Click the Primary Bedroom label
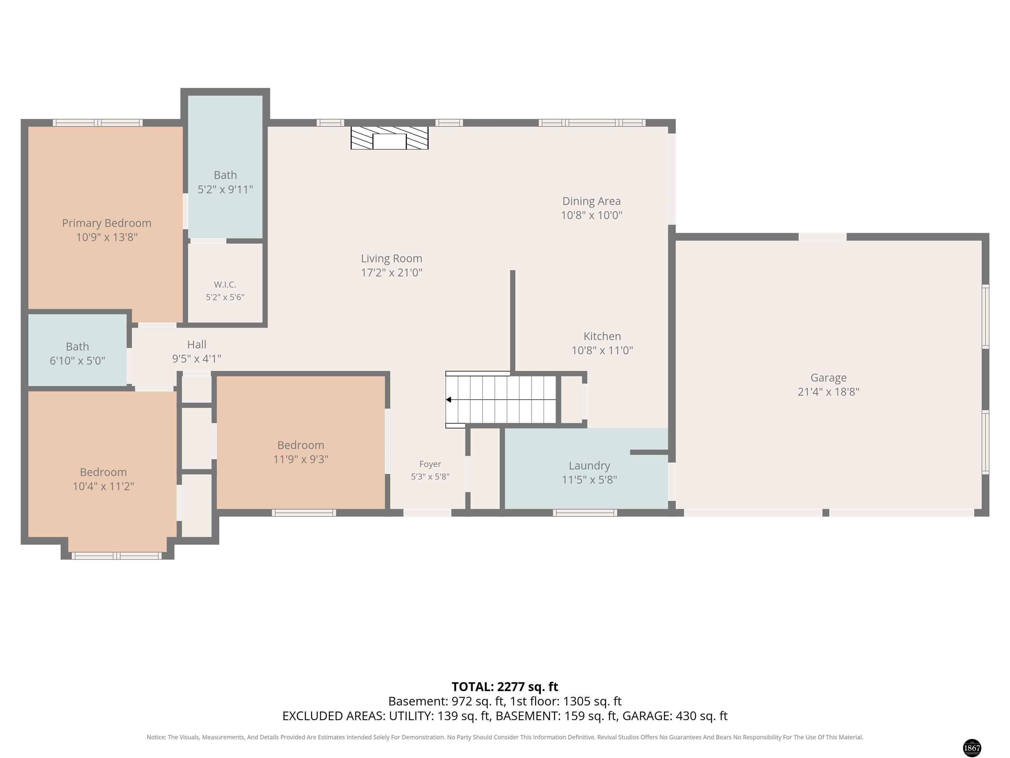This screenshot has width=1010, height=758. (x=107, y=223)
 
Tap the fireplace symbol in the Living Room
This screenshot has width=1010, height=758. (x=390, y=138)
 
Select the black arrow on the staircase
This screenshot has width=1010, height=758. (x=448, y=400)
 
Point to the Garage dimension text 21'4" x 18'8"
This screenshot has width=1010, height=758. (x=828, y=392)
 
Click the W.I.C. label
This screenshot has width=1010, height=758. (x=225, y=285)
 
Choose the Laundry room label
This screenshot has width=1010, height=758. (x=589, y=466)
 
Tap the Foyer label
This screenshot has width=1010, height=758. (x=430, y=464)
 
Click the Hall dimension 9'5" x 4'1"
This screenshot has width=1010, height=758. (x=197, y=359)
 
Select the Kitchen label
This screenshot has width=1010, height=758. (x=602, y=336)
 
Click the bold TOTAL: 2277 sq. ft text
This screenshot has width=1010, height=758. (x=505, y=687)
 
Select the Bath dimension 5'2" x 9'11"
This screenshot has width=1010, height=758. (x=225, y=189)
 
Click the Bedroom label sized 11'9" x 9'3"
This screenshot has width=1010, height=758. (x=301, y=445)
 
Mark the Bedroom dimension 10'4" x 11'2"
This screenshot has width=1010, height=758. (x=103, y=486)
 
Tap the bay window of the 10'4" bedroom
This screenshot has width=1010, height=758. (x=117, y=556)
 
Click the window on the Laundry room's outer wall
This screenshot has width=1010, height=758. (x=585, y=513)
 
